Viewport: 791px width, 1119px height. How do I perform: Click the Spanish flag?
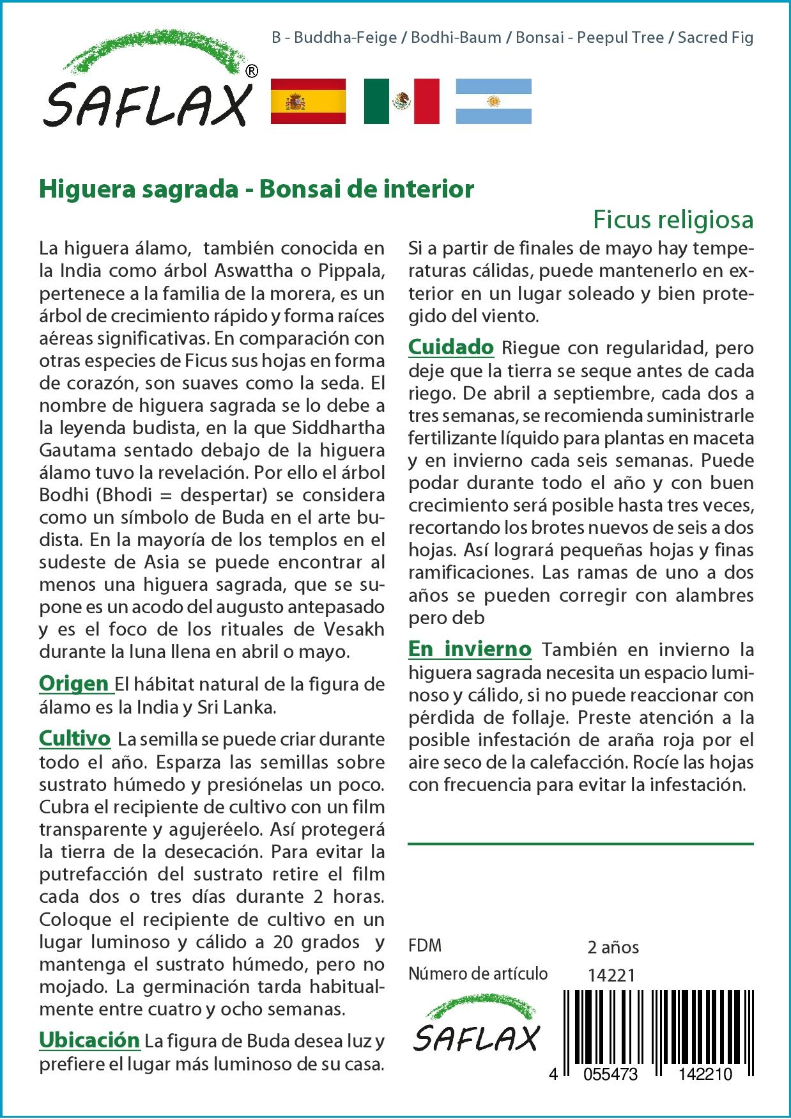click(x=308, y=101)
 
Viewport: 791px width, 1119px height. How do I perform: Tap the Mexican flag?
click(x=401, y=101)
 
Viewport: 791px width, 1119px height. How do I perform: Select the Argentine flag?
click(x=493, y=101)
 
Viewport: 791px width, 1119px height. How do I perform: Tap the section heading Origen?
click(x=74, y=684)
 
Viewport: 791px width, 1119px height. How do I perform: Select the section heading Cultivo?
click(x=75, y=739)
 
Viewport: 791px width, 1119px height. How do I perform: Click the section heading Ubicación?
click(x=89, y=1040)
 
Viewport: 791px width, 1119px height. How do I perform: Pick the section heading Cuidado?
click(x=450, y=347)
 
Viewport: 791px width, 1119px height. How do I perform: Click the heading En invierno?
click(x=470, y=649)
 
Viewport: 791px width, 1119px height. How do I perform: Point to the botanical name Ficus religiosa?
click(x=673, y=220)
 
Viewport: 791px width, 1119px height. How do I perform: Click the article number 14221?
click(x=611, y=975)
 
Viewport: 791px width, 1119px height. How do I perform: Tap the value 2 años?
click(x=613, y=947)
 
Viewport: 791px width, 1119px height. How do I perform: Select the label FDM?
click(x=425, y=946)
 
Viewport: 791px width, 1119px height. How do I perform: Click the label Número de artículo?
click(x=478, y=974)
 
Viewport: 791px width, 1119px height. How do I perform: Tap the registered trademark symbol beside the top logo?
click(x=252, y=72)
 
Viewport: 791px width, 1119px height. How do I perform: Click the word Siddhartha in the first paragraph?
click(x=339, y=428)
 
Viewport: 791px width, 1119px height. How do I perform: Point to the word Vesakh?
click(x=354, y=629)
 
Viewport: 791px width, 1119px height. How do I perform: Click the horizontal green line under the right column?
click(x=580, y=844)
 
